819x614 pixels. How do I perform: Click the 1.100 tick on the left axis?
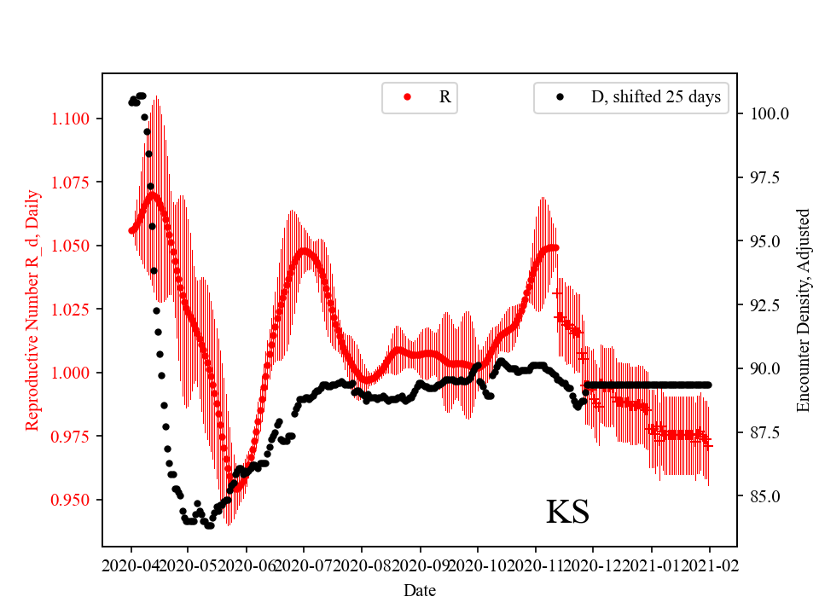[x=77, y=119]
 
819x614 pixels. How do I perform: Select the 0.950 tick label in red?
[x=77, y=500]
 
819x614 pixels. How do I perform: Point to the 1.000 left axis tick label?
[x=77, y=373]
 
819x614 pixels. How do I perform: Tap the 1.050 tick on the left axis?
[x=77, y=246]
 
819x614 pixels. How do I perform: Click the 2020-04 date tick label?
[x=131, y=565]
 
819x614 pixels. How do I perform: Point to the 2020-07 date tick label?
[x=304, y=565]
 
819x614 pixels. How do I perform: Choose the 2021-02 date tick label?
[x=709, y=565]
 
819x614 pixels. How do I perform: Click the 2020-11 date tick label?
[x=536, y=565]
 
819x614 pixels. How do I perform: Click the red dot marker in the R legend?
[x=407, y=97]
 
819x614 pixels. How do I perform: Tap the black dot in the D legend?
[x=560, y=97]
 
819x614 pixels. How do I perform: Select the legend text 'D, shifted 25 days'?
[x=655, y=97]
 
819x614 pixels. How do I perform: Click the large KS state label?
[x=567, y=513]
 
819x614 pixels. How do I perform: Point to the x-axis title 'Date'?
[x=420, y=589]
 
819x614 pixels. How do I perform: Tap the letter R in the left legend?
[x=444, y=97]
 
